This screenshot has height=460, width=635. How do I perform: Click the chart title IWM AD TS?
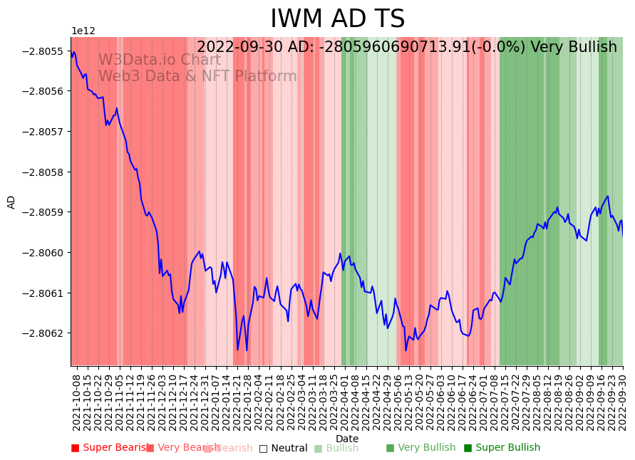tap(337, 19)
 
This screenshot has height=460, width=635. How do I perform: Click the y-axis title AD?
tap(11, 202)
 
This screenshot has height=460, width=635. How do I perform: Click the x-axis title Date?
tap(347, 439)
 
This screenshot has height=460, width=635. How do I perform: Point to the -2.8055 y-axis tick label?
tap(44, 51)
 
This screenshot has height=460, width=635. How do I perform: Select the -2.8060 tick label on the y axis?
tap(44, 253)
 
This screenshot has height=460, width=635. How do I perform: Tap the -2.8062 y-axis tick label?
tap(44, 333)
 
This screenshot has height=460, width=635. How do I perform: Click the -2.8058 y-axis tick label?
tap(44, 172)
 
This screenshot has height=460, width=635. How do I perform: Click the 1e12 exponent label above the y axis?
tap(83, 31)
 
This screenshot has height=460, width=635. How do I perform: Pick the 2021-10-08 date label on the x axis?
tap(76, 402)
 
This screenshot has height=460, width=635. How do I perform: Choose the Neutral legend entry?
tap(289, 448)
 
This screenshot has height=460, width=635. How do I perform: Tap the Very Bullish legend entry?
tap(426, 448)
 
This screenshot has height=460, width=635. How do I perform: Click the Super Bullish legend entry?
tap(507, 448)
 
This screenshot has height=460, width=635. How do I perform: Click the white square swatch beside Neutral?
tap(263, 448)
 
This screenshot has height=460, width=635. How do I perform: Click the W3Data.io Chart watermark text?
tap(159, 60)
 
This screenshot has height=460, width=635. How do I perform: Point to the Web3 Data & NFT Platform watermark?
tap(197, 76)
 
